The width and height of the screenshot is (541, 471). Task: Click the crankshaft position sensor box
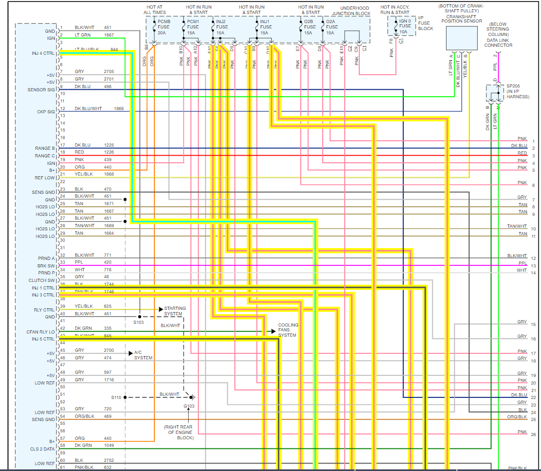point(461,38)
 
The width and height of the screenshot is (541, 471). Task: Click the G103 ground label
point(189,406)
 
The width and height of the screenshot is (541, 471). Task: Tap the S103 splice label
point(138,322)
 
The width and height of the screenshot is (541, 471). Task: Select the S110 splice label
point(116,397)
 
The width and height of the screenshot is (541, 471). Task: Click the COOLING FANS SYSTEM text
point(288,330)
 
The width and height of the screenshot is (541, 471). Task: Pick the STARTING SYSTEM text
point(175,311)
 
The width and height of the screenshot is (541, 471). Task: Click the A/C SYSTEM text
point(143,355)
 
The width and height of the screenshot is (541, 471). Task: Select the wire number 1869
point(118,108)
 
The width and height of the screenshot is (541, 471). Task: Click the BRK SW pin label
point(47,266)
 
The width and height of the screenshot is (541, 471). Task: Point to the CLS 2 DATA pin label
point(42,449)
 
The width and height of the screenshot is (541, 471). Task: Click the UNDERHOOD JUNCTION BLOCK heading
point(354,11)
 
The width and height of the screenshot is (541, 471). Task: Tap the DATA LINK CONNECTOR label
point(498,42)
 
